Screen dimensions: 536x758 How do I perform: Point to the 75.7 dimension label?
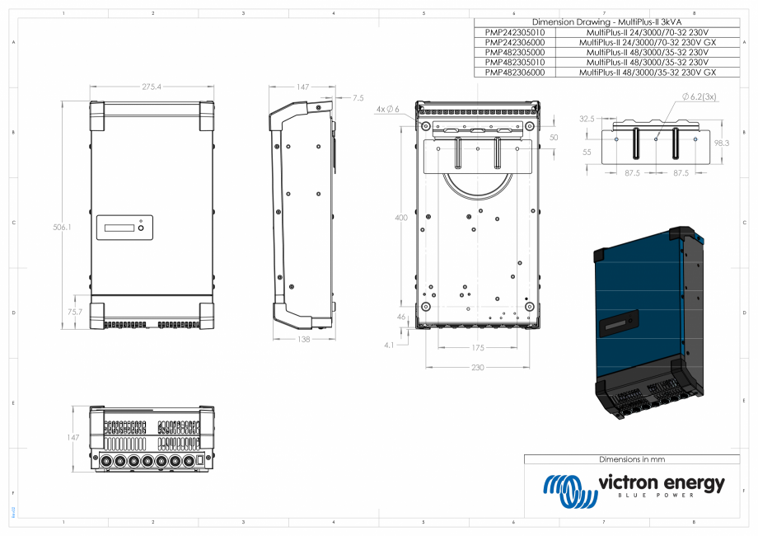(74, 312)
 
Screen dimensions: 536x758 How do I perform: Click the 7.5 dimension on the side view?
(358, 98)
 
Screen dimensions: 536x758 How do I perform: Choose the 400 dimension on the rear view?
(401, 218)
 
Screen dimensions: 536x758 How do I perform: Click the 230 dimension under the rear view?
(478, 367)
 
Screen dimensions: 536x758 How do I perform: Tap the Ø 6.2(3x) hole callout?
(699, 96)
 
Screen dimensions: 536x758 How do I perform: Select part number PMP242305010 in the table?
(515, 32)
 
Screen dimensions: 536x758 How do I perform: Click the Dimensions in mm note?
(631, 459)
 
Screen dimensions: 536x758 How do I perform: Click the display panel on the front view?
(124, 228)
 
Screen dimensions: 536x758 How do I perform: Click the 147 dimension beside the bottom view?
(73, 438)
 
